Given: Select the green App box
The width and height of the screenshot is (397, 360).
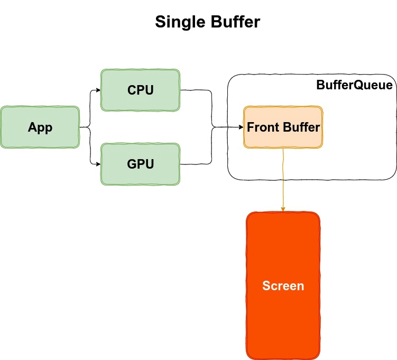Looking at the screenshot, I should point(40,127).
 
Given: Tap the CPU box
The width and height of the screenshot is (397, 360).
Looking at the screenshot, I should point(140,90).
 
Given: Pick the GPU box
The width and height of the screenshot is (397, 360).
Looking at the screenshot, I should point(140,164).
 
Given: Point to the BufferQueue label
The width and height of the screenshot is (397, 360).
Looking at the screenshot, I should point(354,85).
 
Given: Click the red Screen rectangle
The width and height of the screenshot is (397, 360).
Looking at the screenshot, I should point(283,317).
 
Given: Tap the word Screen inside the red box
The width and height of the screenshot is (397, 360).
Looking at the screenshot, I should point(283,286).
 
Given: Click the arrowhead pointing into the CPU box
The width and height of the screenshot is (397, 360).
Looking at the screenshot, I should point(98,90).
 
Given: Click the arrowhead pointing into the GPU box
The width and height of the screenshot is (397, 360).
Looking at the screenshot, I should point(98,164).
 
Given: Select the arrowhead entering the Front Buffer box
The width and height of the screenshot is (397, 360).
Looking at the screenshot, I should point(241,127).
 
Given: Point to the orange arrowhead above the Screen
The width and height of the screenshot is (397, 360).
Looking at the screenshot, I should point(283,209).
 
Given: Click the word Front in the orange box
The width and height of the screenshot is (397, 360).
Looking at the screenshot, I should point(263,127).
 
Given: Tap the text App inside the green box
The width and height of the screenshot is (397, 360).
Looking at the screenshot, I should point(40,127).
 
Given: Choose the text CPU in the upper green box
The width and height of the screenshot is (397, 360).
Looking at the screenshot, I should point(140,90).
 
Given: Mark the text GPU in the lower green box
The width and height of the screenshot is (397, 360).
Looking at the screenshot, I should point(140,164).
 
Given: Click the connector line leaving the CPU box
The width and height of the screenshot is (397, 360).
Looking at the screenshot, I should point(197,90).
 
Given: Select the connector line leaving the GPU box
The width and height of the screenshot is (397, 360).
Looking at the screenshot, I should point(197,164).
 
